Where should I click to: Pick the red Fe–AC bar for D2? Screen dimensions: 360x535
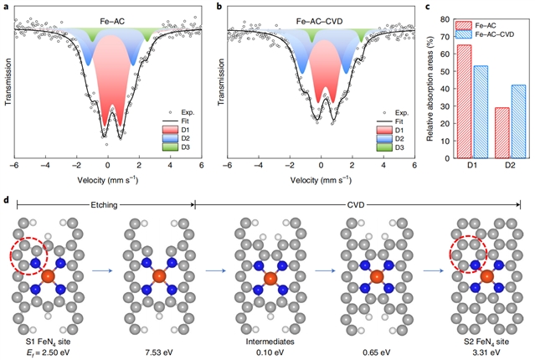click(502, 132)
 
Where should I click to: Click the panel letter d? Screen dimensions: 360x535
click(7, 201)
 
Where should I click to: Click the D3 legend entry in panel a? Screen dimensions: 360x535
click(185, 148)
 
